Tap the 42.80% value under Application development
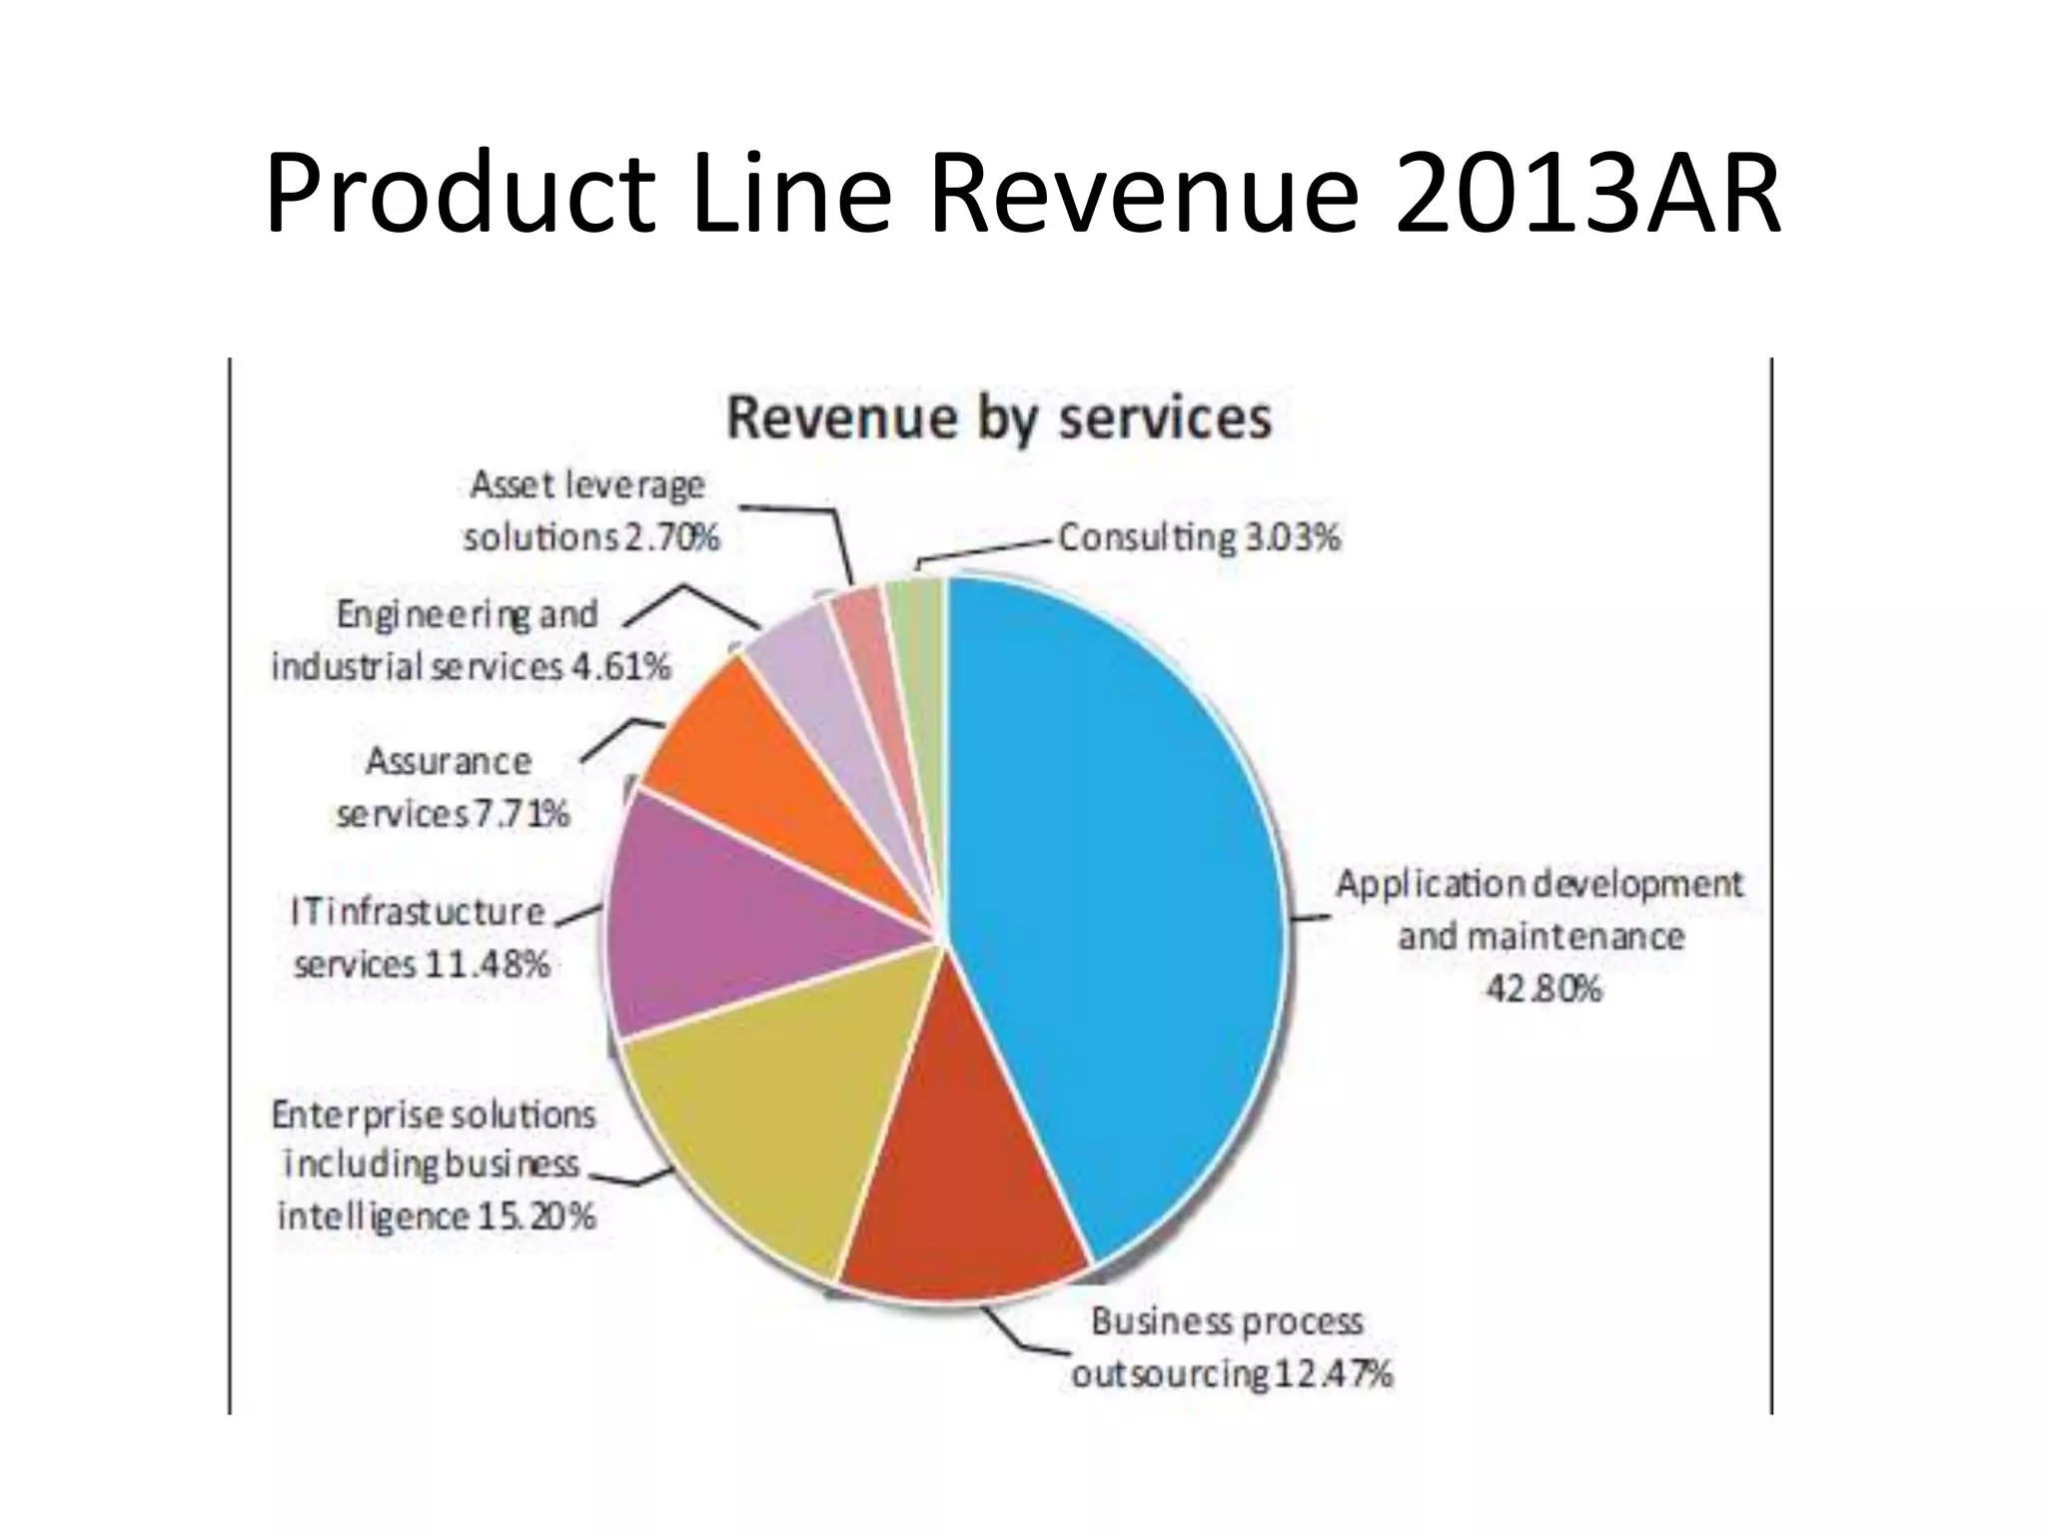point(1543,989)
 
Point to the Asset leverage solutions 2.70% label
point(589,510)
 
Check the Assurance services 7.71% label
point(452,788)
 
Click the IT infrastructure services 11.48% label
point(421,938)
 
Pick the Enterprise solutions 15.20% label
point(436,1164)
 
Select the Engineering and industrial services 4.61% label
point(470,639)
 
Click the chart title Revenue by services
point(999,416)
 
